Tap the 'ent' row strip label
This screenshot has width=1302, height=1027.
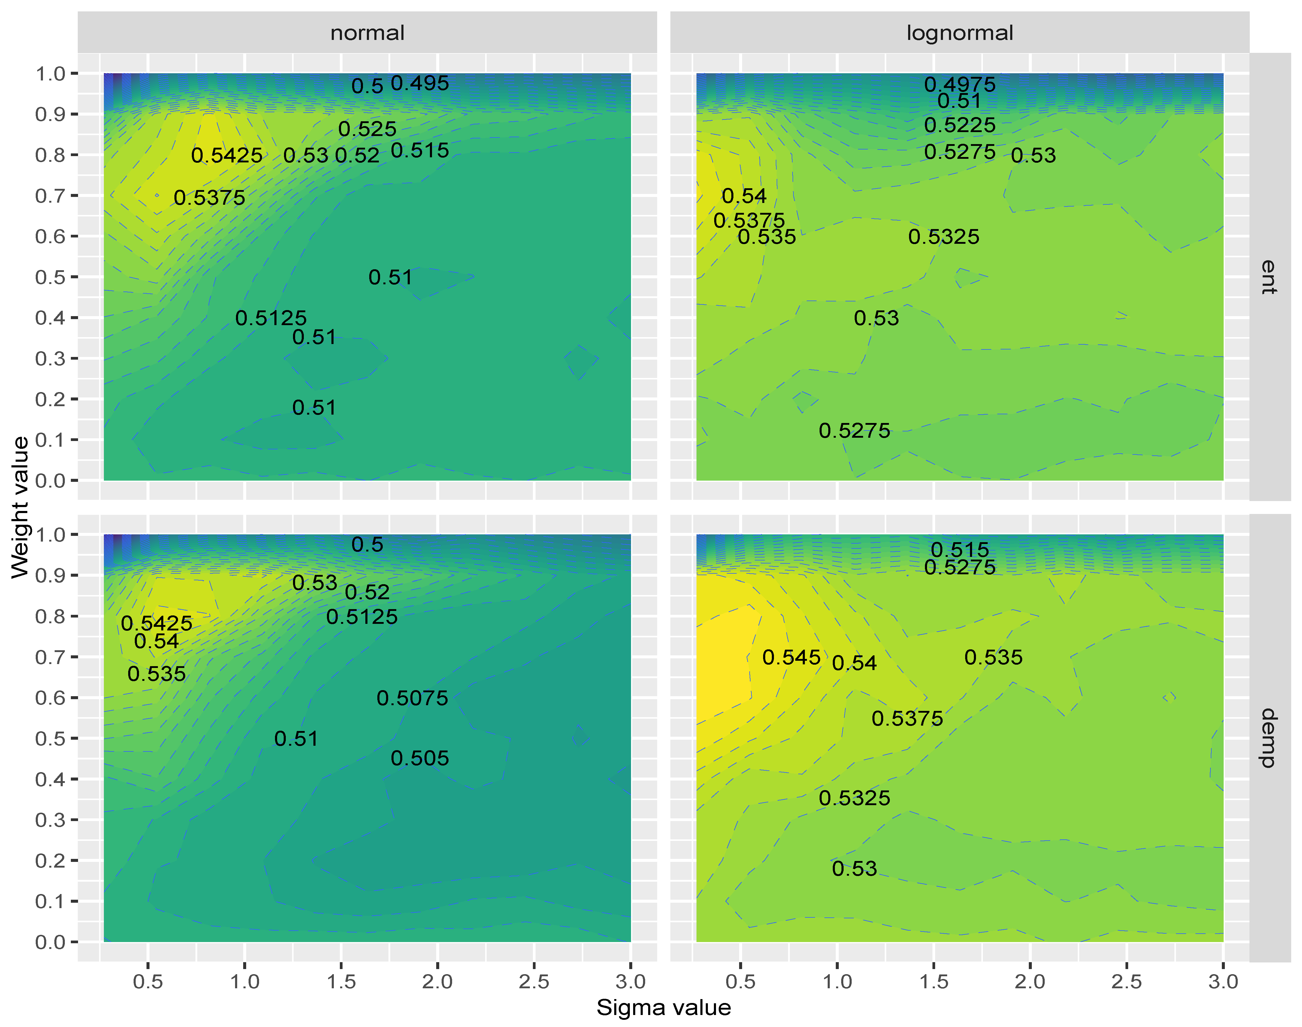[x=1269, y=276]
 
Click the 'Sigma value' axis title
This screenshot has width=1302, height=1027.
[x=663, y=1007]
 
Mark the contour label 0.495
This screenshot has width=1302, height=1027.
[x=420, y=83]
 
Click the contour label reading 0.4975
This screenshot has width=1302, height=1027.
[x=960, y=84]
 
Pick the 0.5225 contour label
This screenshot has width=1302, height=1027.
[x=960, y=125]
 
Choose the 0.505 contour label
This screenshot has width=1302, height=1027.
[x=420, y=758]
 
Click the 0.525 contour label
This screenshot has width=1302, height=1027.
[x=367, y=129]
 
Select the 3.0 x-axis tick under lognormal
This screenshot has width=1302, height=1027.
[x=1223, y=981]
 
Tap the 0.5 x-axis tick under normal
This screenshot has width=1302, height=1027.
[x=148, y=981]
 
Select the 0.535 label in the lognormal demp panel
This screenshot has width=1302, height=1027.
[x=993, y=657]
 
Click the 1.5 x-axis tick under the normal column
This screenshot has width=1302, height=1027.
[x=341, y=981]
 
